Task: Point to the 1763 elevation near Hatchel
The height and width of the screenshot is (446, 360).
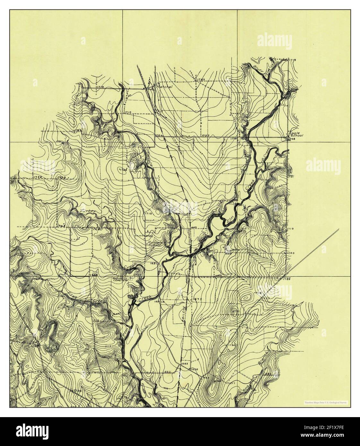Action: pos(201,79)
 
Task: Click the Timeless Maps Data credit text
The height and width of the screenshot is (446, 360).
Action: pos(327,402)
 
